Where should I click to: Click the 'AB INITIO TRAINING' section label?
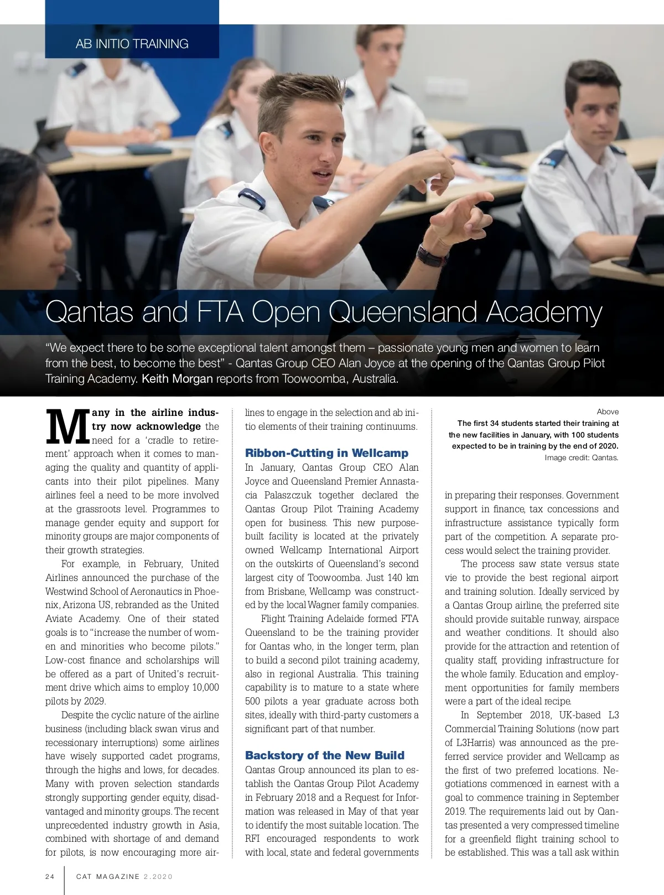coord(132,44)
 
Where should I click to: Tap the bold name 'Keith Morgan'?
coord(177,379)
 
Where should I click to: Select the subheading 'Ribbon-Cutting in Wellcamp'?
coord(326,453)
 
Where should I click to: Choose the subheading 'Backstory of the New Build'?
coord(325,755)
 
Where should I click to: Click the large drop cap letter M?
coord(67,427)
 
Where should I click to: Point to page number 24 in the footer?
coord(50,877)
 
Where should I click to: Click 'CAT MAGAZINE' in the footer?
coord(108,877)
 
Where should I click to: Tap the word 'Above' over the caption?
coord(608,412)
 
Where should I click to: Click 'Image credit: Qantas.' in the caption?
coord(581,457)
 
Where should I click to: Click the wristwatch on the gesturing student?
coord(431,256)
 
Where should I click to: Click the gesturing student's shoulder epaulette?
coord(252,198)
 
